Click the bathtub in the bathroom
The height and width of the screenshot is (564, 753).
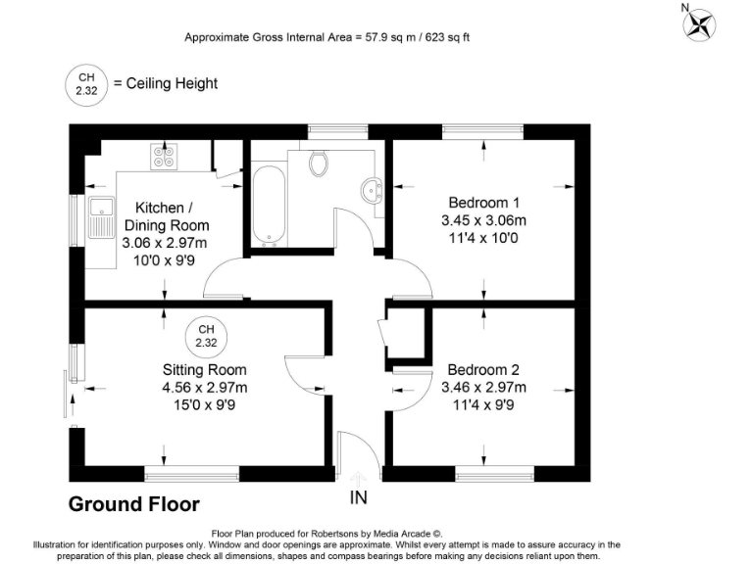coord(267,206)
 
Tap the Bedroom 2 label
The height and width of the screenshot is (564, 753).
coord(483,370)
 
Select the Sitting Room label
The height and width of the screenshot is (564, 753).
coord(205,370)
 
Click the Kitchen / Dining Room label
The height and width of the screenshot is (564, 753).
coord(172,216)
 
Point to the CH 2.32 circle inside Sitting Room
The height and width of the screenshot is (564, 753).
coord(205,336)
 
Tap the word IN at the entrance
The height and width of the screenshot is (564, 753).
coord(359,497)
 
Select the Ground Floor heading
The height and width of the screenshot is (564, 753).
coord(133,504)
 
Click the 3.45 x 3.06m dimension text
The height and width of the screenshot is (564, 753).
coord(483,220)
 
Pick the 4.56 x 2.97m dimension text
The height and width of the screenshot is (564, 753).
coord(205,388)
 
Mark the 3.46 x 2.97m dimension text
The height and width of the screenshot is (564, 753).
coord(483,388)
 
